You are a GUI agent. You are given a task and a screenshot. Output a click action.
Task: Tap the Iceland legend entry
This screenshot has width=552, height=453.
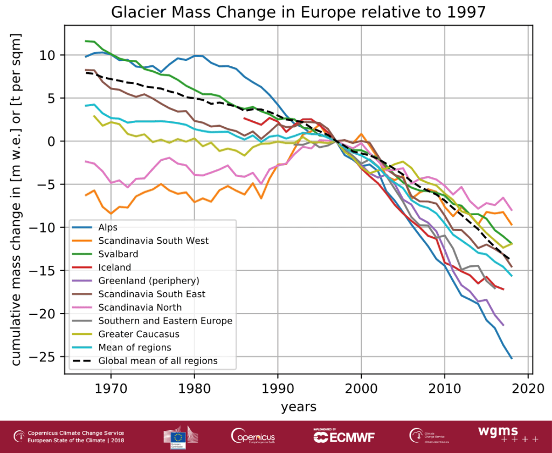pyautogui.click(x=115, y=267)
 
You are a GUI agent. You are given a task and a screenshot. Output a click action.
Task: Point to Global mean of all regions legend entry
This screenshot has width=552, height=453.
pyautogui.click(x=157, y=361)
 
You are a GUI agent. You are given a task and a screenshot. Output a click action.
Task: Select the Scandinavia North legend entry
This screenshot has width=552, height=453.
pyautogui.click(x=140, y=307)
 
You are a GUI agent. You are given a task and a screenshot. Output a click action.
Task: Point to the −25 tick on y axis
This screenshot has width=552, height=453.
pyautogui.click(x=50, y=356)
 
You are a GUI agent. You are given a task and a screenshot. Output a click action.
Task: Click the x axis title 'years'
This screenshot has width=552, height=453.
pyautogui.click(x=298, y=407)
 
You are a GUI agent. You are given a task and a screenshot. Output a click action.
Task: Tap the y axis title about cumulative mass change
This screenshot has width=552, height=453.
pyautogui.click(x=16, y=200)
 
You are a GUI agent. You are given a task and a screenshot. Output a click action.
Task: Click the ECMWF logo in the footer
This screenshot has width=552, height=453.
pyautogui.click(x=344, y=436)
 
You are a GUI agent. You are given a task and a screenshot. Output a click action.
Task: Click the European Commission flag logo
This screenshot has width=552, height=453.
pyautogui.click(x=177, y=437)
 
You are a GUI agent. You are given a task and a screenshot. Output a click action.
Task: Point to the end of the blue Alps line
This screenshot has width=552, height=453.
pyautogui.click(x=511, y=358)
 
